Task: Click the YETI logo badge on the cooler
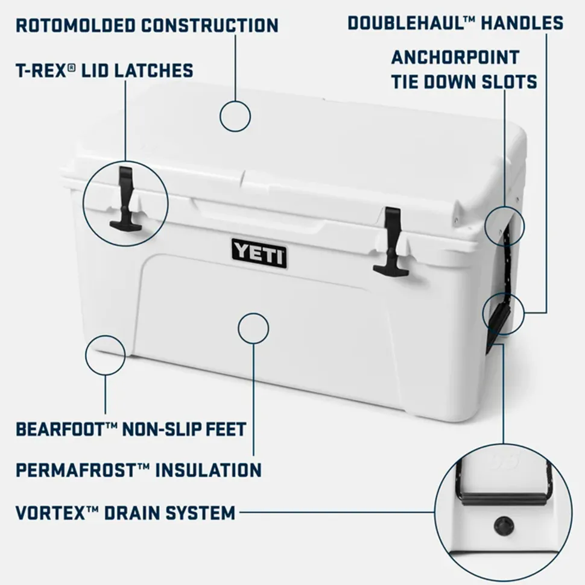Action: (x=259, y=254)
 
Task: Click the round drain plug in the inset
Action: (x=504, y=526)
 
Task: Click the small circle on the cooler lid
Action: (x=235, y=116)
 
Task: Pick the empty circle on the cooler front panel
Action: (x=253, y=328)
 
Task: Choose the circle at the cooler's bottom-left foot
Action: (x=106, y=355)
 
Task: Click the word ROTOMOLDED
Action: (x=75, y=25)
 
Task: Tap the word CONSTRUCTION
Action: (x=210, y=25)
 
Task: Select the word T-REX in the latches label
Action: (x=43, y=70)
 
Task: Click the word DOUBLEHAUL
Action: (x=406, y=23)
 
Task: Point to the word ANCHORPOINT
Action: (x=455, y=57)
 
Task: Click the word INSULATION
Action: (x=208, y=470)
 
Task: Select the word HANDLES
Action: (x=522, y=23)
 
